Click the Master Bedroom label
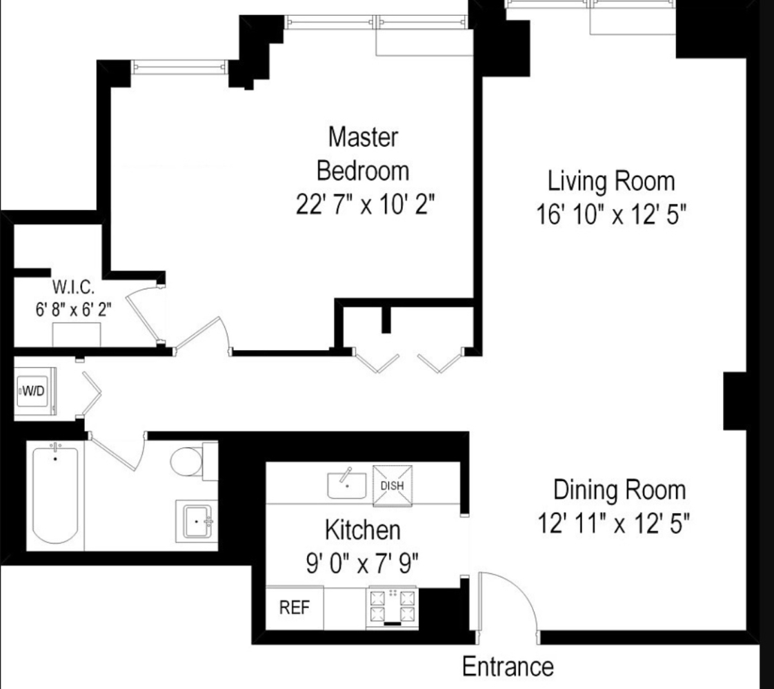(x=363, y=154)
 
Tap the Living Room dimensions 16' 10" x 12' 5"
(x=611, y=215)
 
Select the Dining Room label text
(x=619, y=490)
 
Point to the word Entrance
(x=508, y=667)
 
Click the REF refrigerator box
(x=295, y=608)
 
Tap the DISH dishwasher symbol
(x=392, y=486)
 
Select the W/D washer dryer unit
(x=34, y=391)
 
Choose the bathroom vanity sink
(x=197, y=521)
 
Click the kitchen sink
(x=346, y=484)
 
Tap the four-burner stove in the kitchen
(x=393, y=607)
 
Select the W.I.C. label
(x=73, y=287)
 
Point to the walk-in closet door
(x=143, y=316)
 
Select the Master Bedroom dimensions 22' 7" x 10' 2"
(x=366, y=204)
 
